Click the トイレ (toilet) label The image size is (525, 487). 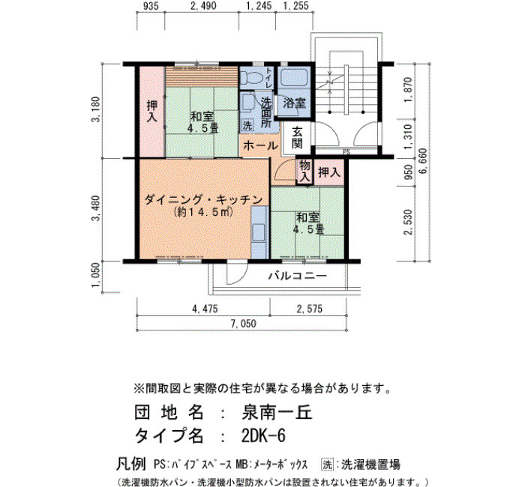click(x=268, y=78)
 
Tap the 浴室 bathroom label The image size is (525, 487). click(x=294, y=103)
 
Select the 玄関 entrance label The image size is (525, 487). click(x=297, y=138)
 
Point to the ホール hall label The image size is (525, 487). click(x=260, y=145)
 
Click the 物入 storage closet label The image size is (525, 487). click(x=304, y=171)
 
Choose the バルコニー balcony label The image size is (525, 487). click(x=298, y=276)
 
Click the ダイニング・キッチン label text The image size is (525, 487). click(x=203, y=200)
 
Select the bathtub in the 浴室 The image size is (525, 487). click(x=294, y=78)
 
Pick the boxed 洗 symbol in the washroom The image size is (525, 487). click(x=247, y=125)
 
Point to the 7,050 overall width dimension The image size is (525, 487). click(x=244, y=324)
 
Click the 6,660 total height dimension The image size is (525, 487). click(x=423, y=161)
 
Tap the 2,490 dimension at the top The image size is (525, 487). click(x=203, y=6)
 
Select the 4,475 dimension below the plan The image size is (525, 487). click(x=205, y=309)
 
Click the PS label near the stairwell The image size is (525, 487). click(x=346, y=152)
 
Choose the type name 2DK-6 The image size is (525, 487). click(x=263, y=435)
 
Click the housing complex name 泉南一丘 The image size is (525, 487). click(x=277, y=413)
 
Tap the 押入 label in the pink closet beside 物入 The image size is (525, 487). click(x=329, y=172)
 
